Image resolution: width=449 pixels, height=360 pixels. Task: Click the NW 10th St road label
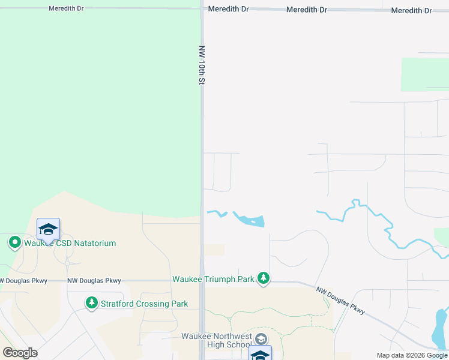202,64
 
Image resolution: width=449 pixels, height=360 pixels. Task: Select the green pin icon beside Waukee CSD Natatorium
14,243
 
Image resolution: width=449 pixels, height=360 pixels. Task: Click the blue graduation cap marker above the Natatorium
48,229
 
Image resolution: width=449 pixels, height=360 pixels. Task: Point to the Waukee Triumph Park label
213,279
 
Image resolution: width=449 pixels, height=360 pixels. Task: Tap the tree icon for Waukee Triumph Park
263,278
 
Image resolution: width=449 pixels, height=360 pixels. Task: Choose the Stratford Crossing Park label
144,304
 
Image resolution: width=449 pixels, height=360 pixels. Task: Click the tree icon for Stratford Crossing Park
91,303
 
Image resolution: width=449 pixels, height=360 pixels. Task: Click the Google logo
20,353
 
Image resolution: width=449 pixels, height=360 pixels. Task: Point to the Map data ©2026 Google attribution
412,355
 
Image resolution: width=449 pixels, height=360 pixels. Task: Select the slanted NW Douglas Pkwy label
341,299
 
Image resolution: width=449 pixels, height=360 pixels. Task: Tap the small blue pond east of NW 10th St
249,220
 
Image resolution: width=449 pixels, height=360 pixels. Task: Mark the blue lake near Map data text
440,330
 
